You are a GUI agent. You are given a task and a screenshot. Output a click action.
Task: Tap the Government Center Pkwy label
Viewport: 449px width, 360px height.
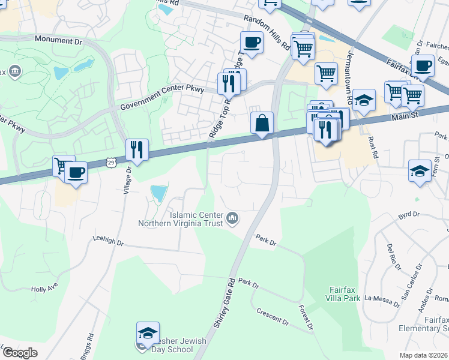(162, 97)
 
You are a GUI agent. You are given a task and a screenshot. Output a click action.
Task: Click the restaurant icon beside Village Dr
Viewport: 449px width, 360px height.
(137, 149)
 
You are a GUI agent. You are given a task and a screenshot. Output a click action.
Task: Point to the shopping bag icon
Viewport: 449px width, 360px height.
(262, 123)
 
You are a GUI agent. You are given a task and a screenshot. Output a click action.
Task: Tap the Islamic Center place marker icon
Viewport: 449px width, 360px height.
(232, 218)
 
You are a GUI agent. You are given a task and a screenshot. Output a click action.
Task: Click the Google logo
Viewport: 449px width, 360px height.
(20, 352)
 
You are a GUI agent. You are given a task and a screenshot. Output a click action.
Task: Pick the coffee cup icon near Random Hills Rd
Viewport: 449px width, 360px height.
(251, 43)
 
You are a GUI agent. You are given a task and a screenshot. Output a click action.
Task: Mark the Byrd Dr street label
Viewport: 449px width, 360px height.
(408, 214)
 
